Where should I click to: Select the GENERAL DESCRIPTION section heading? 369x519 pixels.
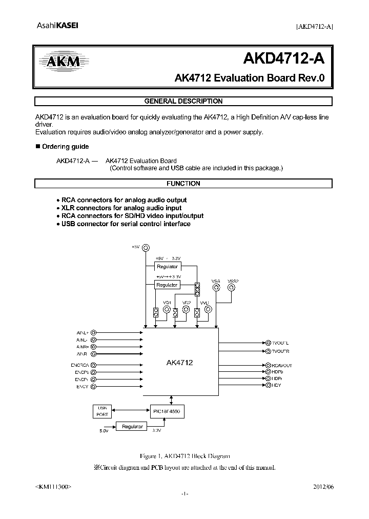(x=183, y=101)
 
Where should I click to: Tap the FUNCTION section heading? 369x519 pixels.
(x=183, y=183)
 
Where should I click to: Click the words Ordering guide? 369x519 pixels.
(x=65, y=147)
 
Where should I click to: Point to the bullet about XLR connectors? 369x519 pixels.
(x=121, y=208)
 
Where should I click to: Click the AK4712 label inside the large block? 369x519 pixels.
(x=179, y=363)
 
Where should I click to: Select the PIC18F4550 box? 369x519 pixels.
(x=165, y=411)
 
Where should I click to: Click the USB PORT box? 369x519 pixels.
(x=102, y=411)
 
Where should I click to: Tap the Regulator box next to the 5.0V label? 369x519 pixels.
(x=132, y=426)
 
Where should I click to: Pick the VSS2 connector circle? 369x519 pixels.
(x=232, y=288)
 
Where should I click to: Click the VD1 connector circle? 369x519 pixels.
(x=167, y=309)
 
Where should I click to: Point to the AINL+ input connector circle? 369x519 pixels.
(x=93, y=332)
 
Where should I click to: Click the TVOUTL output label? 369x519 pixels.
(x=281, y=342)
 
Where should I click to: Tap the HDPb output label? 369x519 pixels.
(x=277, y=371)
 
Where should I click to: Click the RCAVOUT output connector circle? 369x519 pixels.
(x=267, y=365)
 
